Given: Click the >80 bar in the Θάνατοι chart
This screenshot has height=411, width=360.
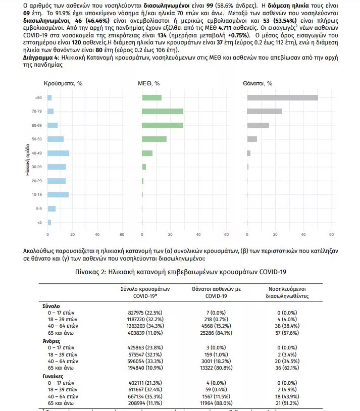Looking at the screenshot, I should [282, 97].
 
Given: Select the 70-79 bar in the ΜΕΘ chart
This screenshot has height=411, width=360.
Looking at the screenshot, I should [163, 111].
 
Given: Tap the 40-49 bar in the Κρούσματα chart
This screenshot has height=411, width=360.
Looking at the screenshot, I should [59, 153].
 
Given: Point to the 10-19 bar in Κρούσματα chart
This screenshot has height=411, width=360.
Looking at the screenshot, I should [58, 194].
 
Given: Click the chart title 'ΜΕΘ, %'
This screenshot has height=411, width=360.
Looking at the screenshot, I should [148, 83].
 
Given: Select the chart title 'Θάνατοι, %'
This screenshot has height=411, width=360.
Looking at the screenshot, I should [258, 83].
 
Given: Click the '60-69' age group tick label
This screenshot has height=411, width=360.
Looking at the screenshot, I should [37, 125].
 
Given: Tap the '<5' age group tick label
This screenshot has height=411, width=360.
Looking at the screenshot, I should [39, 222].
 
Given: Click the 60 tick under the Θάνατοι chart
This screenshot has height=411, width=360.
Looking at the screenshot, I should [331, 234].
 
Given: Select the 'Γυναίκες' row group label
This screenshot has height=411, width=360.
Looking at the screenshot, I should [54, 376].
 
